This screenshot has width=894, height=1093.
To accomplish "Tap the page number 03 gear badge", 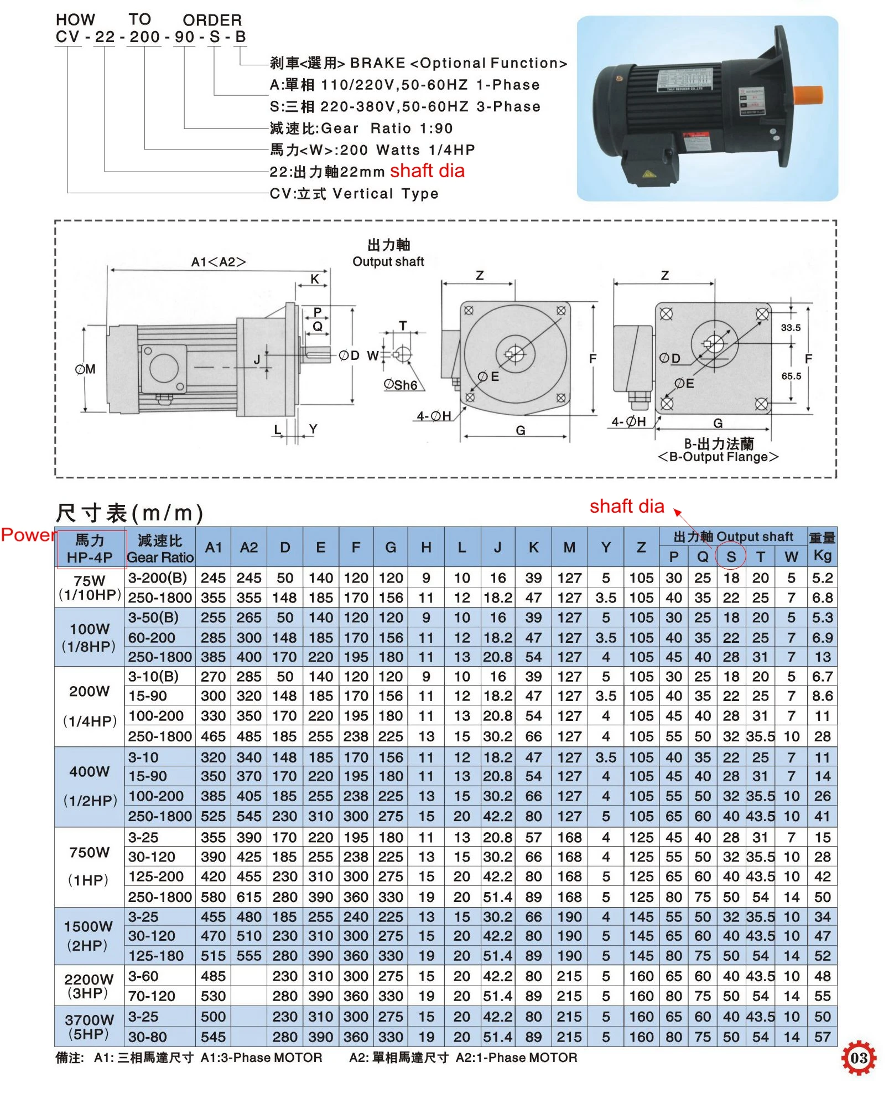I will (858, 1058).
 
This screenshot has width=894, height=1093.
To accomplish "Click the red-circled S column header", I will (731, 556).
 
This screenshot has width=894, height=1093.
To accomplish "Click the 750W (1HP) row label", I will (89, 866).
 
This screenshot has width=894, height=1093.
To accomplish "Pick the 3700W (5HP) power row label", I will (89, 1027).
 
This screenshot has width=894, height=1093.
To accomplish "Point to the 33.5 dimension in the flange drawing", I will (791, 327).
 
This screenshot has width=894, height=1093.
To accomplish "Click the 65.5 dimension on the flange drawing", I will (791, 376).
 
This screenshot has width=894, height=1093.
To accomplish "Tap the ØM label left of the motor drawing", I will (85, 369).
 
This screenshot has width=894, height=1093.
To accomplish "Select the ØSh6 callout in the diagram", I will (401, 384).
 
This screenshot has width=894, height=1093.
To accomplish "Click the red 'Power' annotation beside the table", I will (28, 535).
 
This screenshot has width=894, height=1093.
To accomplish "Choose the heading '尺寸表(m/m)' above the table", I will (129, 513).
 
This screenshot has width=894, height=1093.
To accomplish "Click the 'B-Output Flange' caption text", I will (718, 457).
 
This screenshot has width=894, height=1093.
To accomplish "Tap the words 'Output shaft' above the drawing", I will (388, 261).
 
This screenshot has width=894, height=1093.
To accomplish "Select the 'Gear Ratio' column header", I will (160, 557).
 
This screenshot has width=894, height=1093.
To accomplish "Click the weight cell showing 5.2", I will (822, 578).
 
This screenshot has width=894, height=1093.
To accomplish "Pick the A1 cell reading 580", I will (213, 896).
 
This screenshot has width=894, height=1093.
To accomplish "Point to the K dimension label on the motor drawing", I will (315, 279).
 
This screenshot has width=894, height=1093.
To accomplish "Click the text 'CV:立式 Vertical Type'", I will (354, 193).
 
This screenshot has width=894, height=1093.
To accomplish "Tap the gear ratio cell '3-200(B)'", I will (158, 578).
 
